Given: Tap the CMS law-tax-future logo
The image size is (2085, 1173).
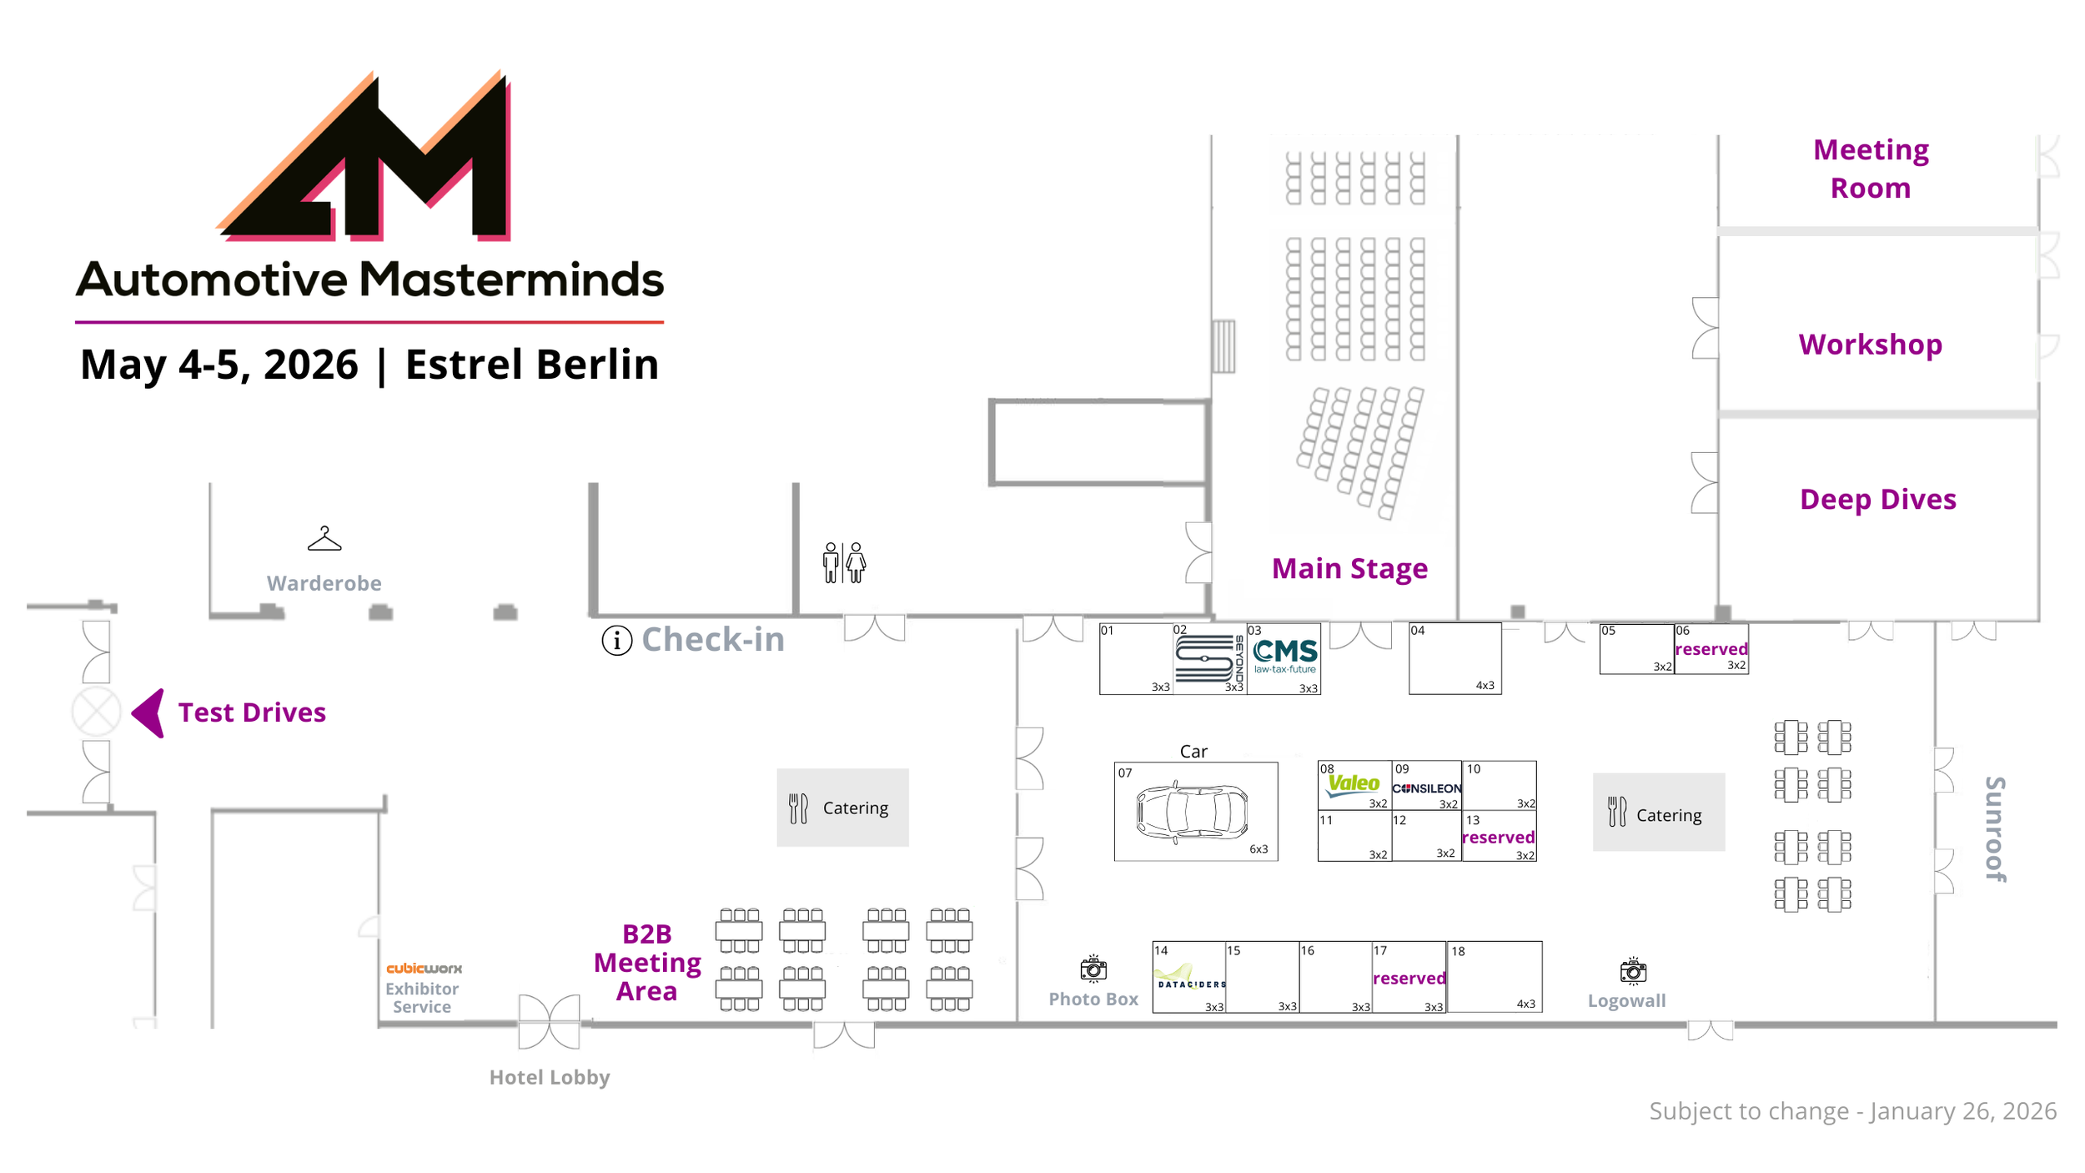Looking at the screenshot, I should [x=1285, y=655].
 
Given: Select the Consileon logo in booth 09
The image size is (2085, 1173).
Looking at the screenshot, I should [x=1426, y=788].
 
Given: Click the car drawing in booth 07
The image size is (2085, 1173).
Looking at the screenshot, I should [x=1192, y=811].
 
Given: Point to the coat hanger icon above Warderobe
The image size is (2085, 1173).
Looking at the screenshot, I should [x=324, y=539].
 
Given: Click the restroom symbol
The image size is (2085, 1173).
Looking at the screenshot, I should [x=844, y=562].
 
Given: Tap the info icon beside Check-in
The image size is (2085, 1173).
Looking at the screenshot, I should [x=616, y=641].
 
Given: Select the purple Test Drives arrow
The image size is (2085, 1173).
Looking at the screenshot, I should [x=149, y=712].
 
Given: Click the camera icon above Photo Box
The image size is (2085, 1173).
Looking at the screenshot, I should [x=1093, y=969].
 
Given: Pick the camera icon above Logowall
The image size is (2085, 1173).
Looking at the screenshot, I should [x=1632, y=971].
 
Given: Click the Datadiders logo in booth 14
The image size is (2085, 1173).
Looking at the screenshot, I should [x=1191, y=979].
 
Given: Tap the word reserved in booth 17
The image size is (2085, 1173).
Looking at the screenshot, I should [x=1409, y=978].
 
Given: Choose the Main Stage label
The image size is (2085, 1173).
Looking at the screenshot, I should [x=1349, y=568].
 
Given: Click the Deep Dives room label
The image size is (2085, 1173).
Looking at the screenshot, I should [x=1877, y=499].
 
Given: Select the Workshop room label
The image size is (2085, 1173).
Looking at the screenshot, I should [x=1870, y=345].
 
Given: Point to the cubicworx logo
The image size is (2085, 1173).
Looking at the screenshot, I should [x=424, y=968].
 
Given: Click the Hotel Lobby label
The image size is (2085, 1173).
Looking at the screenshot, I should [x=550, y=1077].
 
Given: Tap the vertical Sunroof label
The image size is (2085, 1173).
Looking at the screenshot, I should [x=1994, y=828].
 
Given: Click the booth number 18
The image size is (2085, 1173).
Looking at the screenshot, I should [x=1458, y=951].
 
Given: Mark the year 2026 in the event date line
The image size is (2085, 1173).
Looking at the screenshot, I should [x=310, y=365].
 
